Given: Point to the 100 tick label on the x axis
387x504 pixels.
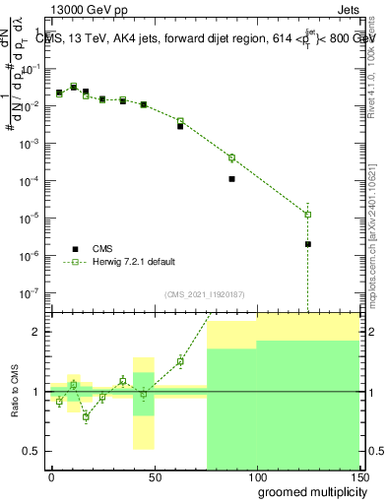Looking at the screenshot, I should click(256, 475).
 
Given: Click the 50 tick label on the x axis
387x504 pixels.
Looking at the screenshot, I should click(154, 475).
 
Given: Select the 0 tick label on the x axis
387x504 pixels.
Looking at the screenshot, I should click(51, 475).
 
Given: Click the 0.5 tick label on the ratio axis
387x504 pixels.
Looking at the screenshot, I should click(32, 451).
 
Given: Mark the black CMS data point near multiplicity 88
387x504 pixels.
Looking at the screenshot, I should click(231, 179).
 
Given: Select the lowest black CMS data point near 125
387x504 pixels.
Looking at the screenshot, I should click(308, 244).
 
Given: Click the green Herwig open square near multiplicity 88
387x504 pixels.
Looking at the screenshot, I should click(231, 157).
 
